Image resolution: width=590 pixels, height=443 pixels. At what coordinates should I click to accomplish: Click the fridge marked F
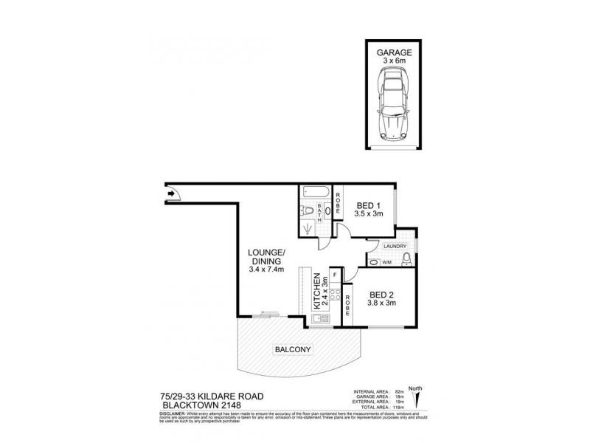pos(335,275)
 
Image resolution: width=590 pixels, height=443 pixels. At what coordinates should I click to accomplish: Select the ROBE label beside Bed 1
pos(339,204)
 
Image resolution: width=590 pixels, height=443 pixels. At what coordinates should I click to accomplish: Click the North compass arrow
pos(417,399)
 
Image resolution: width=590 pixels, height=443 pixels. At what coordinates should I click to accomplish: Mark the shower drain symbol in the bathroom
pos(308,229)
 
